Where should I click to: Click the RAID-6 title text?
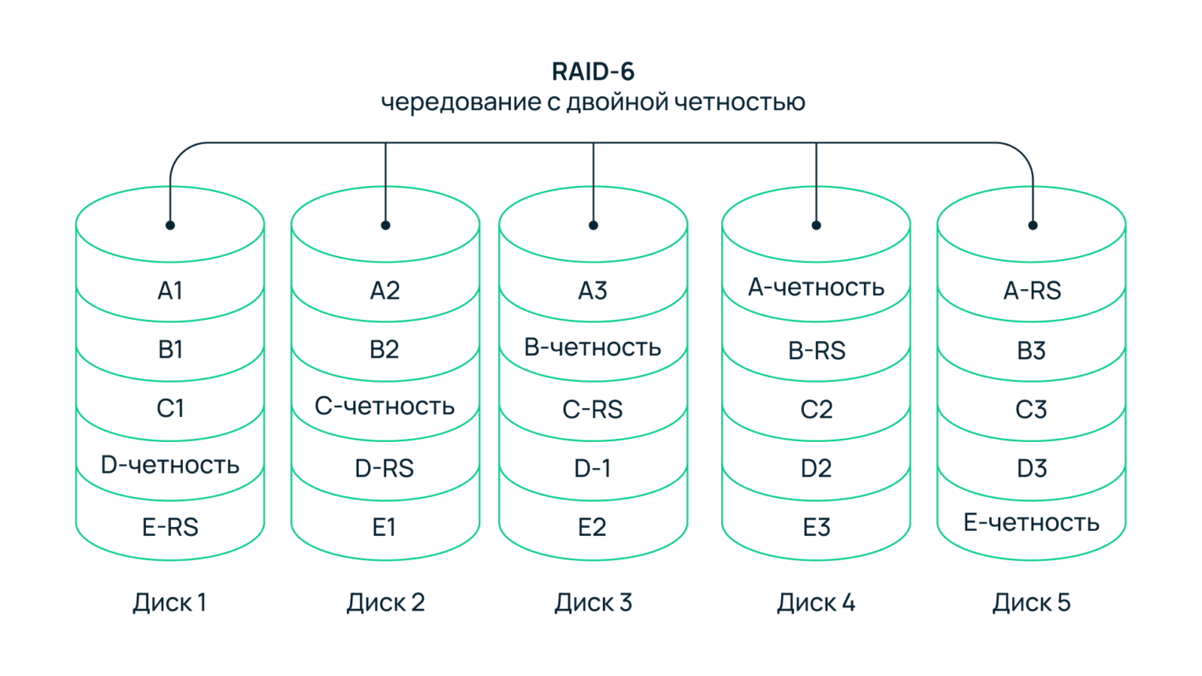(x=593, y=72)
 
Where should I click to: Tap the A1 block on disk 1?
(x=169, y=291)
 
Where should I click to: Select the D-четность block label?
(x=169, y=465)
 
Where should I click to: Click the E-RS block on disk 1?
(x=169, y=527)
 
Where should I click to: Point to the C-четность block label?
(x=385, y=406)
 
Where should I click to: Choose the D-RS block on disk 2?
(x=385, y=469)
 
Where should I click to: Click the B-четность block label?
(x=593, y=347)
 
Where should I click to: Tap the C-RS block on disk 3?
(x=593, y=410)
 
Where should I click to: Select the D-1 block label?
(x=593, y=469)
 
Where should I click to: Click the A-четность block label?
(x=816, y=288)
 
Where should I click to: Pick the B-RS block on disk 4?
(x=816, y=351)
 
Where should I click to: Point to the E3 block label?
(x=816, y=527)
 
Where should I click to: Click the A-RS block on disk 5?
(x=1032, y=291)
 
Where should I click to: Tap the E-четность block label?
(x=1032, y=522)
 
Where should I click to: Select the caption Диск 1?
(x=169, y=603)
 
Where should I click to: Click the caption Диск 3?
(x=593, y=603)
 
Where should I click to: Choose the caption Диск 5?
(x=1032, y=603)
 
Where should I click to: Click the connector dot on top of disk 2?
(x=385, y=225)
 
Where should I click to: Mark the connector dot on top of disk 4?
(x=816, y=225)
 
